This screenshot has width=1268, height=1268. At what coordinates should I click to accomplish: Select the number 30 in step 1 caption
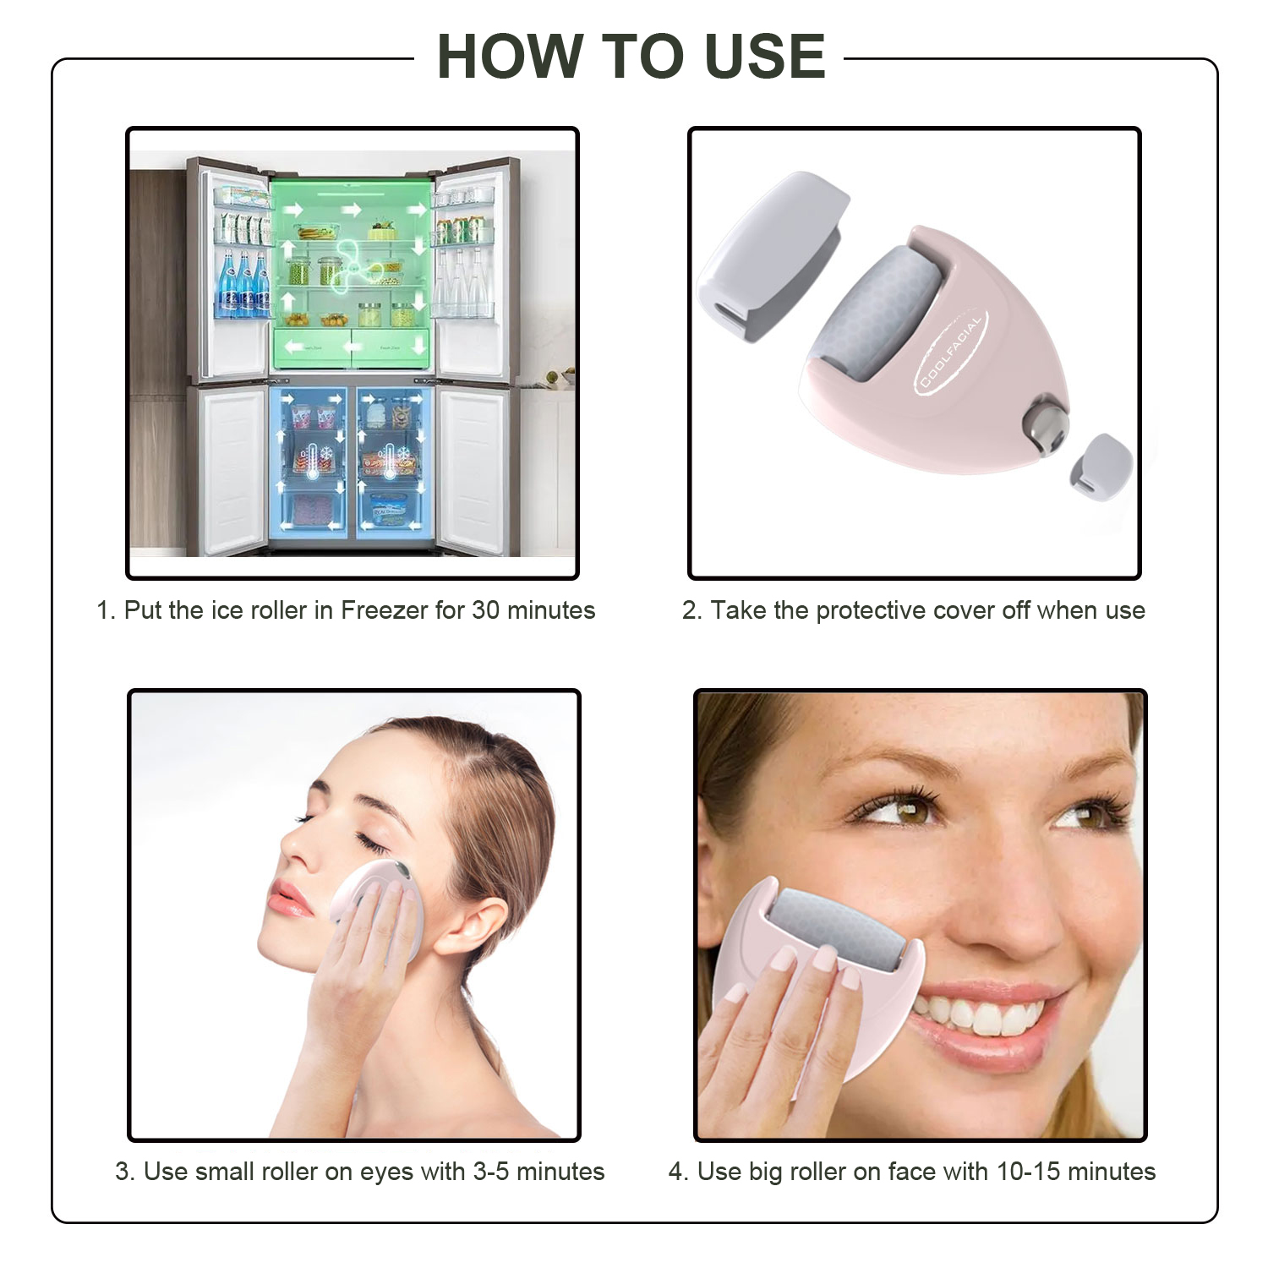pyautogui.click(x=485, y=610)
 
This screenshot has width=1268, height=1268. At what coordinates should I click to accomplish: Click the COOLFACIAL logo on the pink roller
pyautogui.click(x=952, y=354)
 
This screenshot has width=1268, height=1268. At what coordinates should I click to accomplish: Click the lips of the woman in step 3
pyautogui.click(x=290, y=900)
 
